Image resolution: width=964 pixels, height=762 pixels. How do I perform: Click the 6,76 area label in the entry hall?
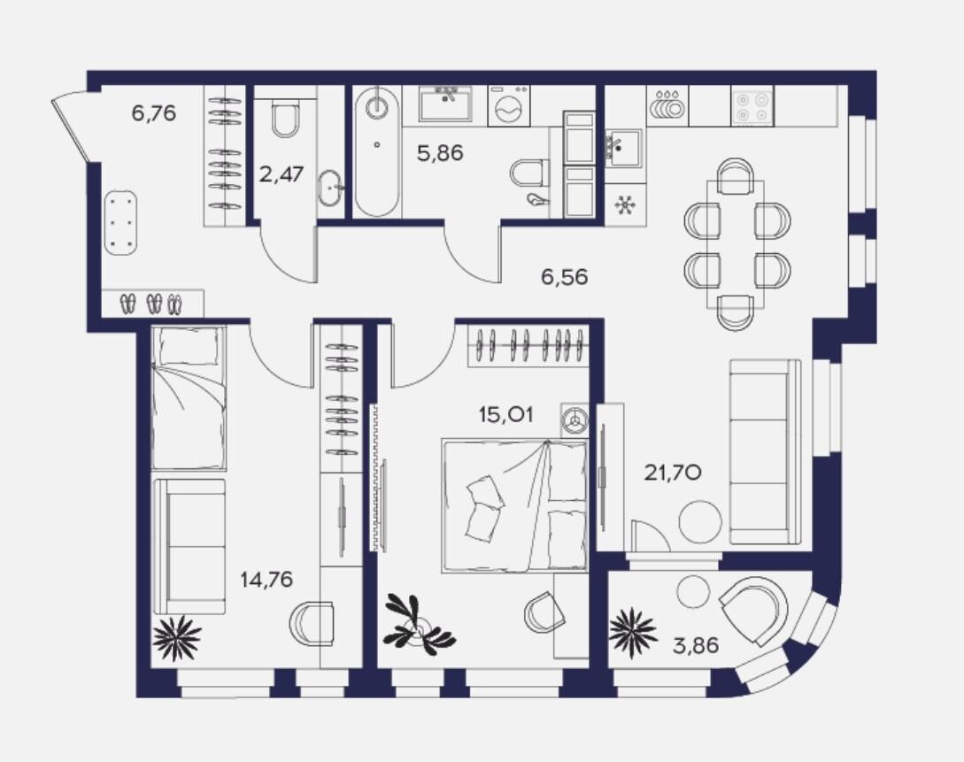point(154,113)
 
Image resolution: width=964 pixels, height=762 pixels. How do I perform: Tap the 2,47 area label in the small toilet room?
point(281,174)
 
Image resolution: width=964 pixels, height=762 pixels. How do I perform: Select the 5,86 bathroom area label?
point(440,153)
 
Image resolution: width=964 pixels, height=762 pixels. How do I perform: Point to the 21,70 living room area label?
point(673,473)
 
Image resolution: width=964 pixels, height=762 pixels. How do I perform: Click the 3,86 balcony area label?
point(695,646)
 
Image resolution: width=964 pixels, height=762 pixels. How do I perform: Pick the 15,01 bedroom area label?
point(506,415)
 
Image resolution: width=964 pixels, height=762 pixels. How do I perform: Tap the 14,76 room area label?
point(266,579)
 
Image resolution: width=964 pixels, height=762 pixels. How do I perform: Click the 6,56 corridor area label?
point(565,277)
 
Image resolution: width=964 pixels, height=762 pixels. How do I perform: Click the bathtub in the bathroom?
point(377,152)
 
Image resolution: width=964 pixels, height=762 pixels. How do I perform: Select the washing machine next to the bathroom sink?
point(509,104)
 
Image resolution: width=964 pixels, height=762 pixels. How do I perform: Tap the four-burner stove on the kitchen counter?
point(752,106)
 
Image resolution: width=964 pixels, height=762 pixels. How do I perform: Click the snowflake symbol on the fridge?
point(626,204)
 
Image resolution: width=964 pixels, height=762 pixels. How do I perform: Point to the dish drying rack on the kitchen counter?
point(667,105)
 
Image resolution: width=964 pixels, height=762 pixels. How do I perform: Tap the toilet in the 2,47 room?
point(285,119)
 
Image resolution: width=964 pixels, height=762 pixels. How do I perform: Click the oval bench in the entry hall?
point(120,222)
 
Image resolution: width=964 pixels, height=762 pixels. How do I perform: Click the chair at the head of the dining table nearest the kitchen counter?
point(736,174)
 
